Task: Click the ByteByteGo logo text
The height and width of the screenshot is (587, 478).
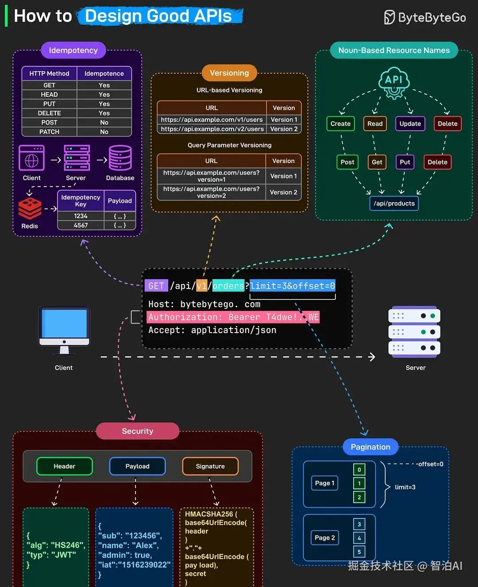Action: (x=432, y=18)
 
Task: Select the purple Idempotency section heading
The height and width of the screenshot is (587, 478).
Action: (x=73, y=50)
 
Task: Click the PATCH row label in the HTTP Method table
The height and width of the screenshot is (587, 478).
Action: (x=49, y=132)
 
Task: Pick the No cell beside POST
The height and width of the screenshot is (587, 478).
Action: (x=104, y=123)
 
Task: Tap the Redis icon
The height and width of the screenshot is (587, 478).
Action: (x=30, y=208)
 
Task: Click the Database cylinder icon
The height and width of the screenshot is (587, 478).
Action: (x=120, y=158)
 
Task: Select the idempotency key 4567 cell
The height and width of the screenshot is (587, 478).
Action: (x=81, y=225)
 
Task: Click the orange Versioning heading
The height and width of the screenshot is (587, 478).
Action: (x=229, y=73)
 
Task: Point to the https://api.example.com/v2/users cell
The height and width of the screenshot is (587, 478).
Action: (x=212, y=129)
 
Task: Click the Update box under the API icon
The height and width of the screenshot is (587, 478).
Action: (x=410, y=124)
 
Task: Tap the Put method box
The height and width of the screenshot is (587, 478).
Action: (x=405, y=162)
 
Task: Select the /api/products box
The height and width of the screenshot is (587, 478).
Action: (x=394, y=203)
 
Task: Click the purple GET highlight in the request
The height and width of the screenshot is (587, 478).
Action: (x=156, y=286)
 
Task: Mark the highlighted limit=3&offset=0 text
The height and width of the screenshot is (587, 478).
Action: (x=293, y=286)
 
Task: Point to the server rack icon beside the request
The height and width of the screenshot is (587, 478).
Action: (x=414, y=331)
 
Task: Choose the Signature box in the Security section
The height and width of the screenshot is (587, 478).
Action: (x=210, y=466)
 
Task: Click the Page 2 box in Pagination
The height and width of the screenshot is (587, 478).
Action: (x=325, y=537)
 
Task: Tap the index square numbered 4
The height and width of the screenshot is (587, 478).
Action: (x=359, y=538)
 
